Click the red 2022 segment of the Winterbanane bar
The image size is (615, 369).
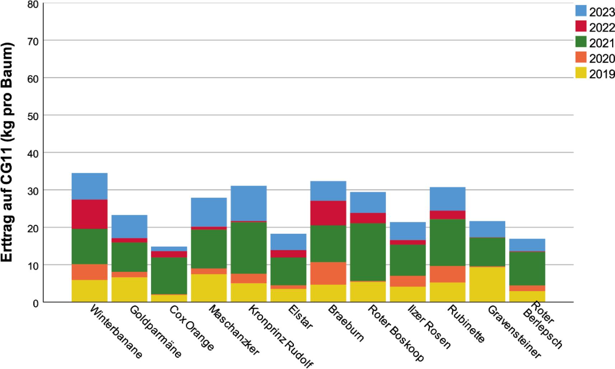(x=89, y=214)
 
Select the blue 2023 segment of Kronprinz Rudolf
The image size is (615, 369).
(x=249, y=203)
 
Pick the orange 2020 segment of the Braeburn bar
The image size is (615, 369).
(x=328, y=273)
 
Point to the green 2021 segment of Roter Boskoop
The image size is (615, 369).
(x=368, y=252)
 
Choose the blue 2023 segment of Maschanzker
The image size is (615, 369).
(x=209, y=212)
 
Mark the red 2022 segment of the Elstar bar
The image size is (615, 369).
(x=288, y=254)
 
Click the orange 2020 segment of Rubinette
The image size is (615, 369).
(x=447, y=274)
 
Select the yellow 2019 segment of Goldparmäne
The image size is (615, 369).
(x=129, y=289)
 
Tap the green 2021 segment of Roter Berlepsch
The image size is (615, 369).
(x=527, y=268)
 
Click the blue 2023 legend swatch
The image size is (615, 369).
(x=581, y=11)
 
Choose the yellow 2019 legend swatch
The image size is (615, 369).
(x=581, y=73)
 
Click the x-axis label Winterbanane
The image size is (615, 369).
(x=116, y=332)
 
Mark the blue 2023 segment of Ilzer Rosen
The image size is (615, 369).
(x=408, y=231)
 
